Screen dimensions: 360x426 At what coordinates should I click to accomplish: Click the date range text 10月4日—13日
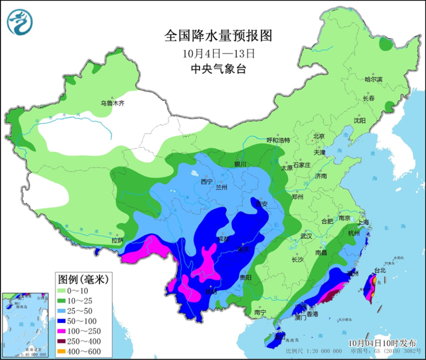(x=218, y=53)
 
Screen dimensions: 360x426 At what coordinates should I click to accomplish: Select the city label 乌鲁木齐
(x=112, y=103)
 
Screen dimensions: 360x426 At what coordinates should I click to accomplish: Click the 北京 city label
(x=319, y=137)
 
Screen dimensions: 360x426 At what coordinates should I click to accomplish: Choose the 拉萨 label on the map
(x=117, y=240)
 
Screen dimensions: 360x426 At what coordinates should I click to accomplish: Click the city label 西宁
(x=207, y=182)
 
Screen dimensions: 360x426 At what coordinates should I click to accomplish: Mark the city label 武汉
(x=307, y=236)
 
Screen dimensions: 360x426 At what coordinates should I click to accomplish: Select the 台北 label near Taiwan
(x=379, y=270)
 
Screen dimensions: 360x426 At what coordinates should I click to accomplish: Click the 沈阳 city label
(x=360, y=121)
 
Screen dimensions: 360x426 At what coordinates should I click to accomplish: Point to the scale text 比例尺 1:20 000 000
(x=314, y=352)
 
